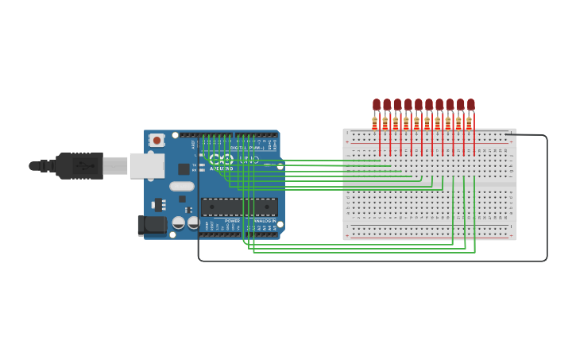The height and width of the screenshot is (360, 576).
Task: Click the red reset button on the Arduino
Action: point(157,141)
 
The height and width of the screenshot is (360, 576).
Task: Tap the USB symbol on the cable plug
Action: point(83,166)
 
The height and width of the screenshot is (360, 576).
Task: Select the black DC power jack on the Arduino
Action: point(152,225)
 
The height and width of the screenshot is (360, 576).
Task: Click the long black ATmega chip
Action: point(238,207)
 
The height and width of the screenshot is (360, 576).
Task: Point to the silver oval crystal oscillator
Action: point(181,187)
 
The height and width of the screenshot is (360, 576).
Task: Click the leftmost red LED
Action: point(377,104)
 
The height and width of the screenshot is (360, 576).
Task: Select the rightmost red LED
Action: point(470,104)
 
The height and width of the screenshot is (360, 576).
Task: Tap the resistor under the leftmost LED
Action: point(374,122)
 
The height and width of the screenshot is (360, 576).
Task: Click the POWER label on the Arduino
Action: point(232,221)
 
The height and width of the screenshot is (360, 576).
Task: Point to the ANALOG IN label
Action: point(265,221)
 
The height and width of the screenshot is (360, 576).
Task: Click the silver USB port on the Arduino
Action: point(147,165)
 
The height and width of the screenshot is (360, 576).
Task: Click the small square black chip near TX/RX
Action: point(184,168)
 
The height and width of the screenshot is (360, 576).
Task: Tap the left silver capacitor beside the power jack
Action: point(179,223)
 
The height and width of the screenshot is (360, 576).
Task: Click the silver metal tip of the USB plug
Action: point(114,165)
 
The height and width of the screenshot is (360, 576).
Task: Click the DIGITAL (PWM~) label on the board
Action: point(247,148)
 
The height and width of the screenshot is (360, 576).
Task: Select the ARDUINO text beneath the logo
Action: point(222,168)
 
